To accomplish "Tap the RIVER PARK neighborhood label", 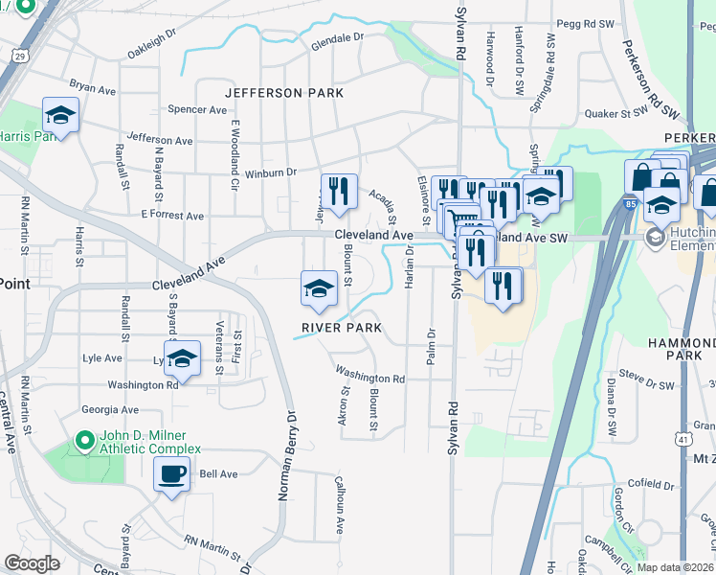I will point(342,328).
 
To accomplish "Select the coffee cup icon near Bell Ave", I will point(172,474).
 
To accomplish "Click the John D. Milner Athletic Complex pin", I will point(84,441).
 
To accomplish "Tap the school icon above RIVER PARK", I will point(319,288).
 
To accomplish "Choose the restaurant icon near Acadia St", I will point(339,192).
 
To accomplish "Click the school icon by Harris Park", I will point(61,117).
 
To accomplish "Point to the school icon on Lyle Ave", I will point(181,359).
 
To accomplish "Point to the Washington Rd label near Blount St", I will point(369,377).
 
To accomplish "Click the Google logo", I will point(32,563).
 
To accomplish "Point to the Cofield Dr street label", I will point(651,484).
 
